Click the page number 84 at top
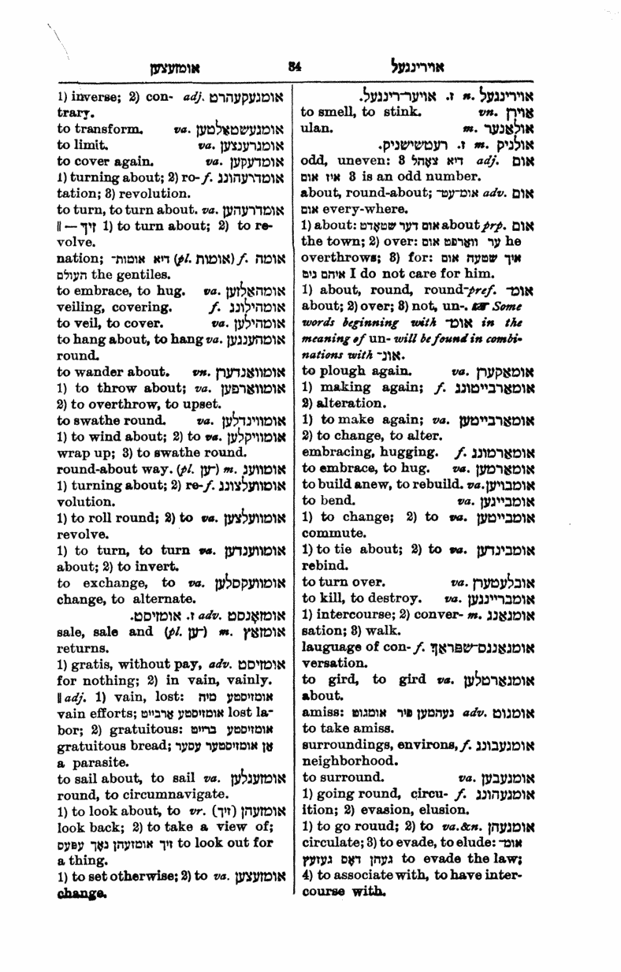click(x=295, y=68)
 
